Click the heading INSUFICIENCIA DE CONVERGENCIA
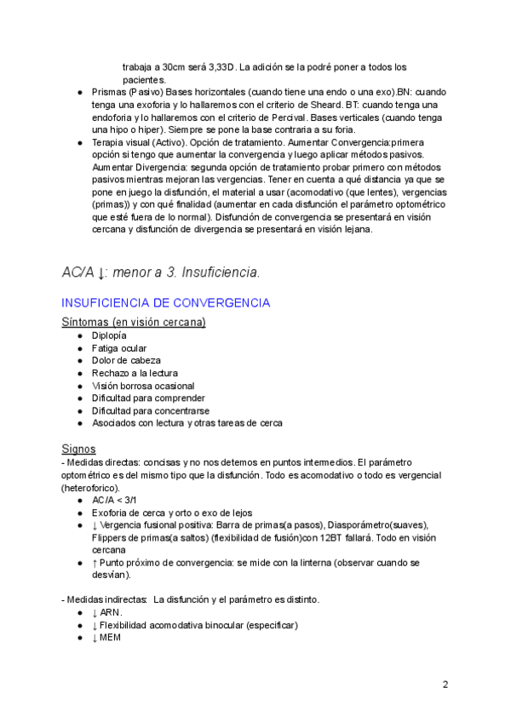(166, 303)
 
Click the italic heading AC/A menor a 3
(161, 272)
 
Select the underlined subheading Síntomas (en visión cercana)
(133, 322)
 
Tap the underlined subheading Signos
(78, 449)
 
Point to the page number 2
(445, 685)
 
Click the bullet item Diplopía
(109, 336)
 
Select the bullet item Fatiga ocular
(119, 348)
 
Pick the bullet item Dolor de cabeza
(126, 361)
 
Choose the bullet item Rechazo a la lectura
(135, 373)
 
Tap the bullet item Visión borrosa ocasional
(143, 386)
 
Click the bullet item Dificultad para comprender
(148, 398)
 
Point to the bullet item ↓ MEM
(108, 638)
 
